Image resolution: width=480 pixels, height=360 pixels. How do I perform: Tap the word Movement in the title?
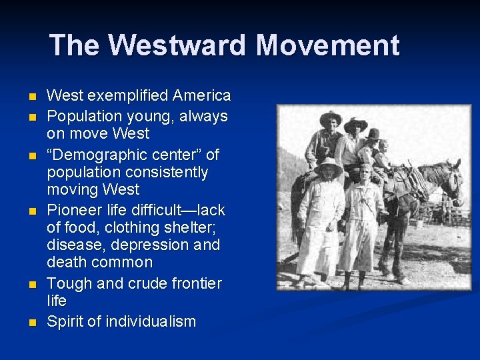(x=327, y=46)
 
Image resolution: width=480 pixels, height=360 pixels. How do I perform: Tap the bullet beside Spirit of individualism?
(x=32, y=323)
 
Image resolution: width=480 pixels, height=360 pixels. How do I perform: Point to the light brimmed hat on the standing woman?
(x=329, y=163)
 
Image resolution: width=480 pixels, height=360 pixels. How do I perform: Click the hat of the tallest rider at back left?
(x=330, y=117)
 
